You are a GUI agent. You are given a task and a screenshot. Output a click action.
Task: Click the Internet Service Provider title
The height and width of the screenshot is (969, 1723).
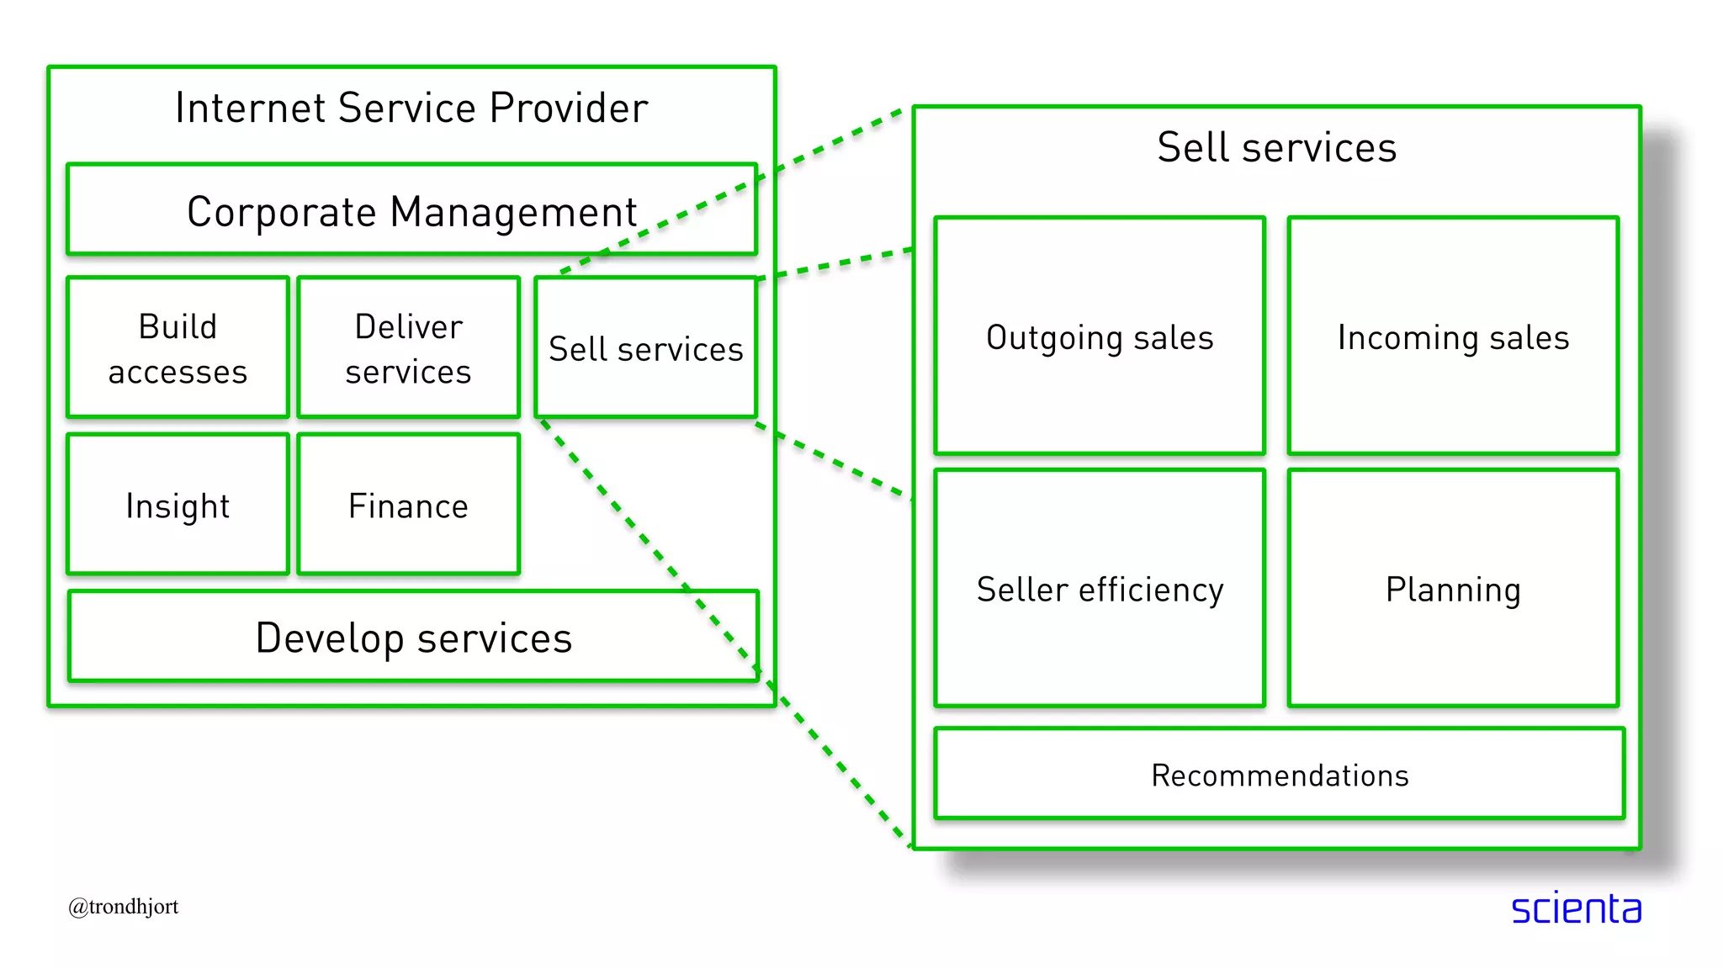pyautogui.click(x=411, y=109)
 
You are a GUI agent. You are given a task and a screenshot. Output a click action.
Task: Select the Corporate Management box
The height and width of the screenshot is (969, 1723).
pyautogui.click(x=411, y=210)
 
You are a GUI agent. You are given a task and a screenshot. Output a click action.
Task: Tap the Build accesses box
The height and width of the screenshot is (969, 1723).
pyautogui.click(x=178, y=348)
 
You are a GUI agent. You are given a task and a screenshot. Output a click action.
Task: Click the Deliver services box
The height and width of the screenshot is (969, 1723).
pyautogui.click(x=408, y=348)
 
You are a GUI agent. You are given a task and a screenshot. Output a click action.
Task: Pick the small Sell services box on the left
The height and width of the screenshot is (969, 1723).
pyautogui.click(x=645, y=348)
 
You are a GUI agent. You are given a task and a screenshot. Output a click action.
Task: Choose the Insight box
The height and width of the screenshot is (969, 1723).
pyautogui.click(x=178, y=506)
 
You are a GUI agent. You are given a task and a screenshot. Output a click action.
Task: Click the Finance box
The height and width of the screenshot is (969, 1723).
pyautogui.click(x=408, y=506)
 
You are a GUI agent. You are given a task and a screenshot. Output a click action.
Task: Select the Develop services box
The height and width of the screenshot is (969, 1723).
pyautogui.click(x=413, y=637)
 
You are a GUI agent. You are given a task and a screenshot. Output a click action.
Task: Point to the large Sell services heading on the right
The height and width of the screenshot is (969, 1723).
pyautogui.click(x=1276, y=148)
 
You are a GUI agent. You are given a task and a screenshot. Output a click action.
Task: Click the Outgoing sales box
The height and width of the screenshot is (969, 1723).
pyautogui.click(x=1100, y=336)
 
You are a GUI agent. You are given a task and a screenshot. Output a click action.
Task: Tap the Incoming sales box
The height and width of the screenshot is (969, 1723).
pyautogui.click(x=1453, y=336)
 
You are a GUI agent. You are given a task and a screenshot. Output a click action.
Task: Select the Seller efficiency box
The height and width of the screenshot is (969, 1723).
pyautogui.click(x=1100, y=589)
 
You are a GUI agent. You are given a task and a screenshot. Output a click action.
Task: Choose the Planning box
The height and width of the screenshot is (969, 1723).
pyautogui.click(x=1453, y=589)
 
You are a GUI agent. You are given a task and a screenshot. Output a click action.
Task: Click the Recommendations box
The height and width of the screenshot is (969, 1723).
pyautogui.click(x=1279, y=775)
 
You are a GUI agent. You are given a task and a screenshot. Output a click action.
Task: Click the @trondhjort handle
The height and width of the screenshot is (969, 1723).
pyautogui.click(x=124, y=907)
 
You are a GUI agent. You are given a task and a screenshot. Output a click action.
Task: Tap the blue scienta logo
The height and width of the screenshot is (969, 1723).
pyautogui.click(x=1576, y=908)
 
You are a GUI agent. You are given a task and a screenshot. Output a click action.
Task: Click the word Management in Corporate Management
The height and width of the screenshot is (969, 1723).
pyautogui.click(x=513, y=212)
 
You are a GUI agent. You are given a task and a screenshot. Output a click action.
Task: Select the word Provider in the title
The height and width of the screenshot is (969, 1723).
pyautogui.click(x=569, y=109)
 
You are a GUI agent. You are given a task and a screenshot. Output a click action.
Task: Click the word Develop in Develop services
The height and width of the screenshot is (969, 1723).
pyautogui.click(x=329, y=638)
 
